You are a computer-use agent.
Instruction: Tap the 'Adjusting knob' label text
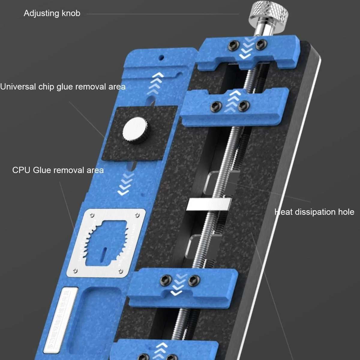point(52,13)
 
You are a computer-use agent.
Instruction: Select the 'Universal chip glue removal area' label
point(63,87)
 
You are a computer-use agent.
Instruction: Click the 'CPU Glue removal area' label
point(58,170)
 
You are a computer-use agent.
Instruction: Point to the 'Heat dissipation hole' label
point(314,212)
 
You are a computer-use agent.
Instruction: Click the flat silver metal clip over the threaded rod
point(209,204)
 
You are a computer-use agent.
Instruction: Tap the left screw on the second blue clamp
point(217,106)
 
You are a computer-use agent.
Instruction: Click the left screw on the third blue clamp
point(166,280)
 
